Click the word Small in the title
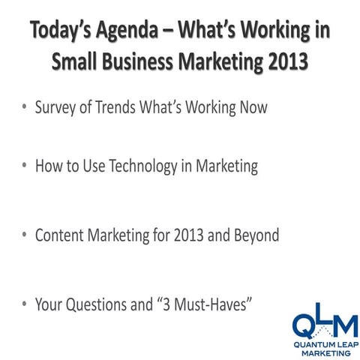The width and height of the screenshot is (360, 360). click(79, 63)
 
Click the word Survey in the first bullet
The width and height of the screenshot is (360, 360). click(58, 107)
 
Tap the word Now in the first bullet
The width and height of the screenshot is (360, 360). click(248, 107)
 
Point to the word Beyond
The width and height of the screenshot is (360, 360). click(253, 235)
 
